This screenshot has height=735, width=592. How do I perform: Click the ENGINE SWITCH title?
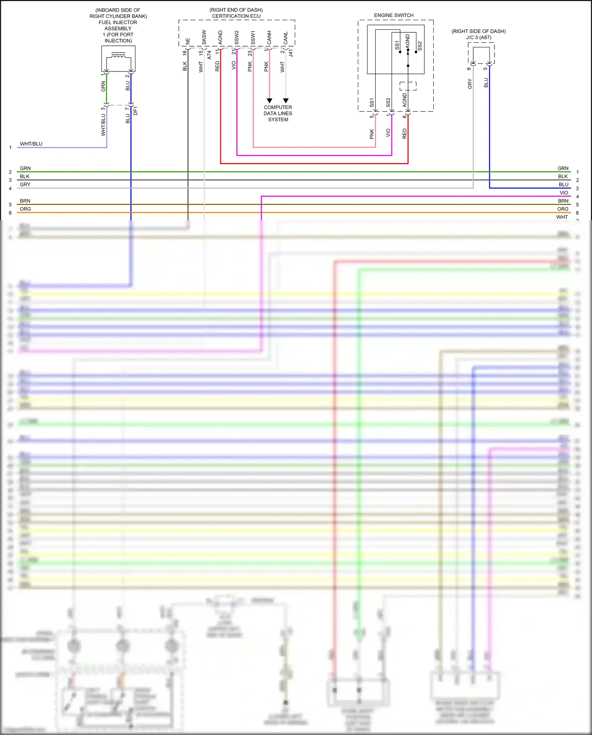[x=393, y=15]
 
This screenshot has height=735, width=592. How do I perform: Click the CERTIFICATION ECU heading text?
[x=236, y=16]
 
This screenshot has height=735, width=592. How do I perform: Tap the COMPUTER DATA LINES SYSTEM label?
[x=278, y=113]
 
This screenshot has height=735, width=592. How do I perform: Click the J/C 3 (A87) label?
[x=479, y=38]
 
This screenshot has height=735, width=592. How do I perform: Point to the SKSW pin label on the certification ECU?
[x=204, y=38]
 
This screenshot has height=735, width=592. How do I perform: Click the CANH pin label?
[x=269, y=38]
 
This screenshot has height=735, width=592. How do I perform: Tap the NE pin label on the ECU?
[x=188, y=41]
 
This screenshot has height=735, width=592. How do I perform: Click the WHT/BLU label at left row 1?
[x=31, y=144]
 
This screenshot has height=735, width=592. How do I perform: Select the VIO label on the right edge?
[x=564, y=193]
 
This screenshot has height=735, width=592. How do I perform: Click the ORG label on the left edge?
[x=25, y=209]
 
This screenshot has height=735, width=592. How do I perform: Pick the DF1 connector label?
[x=136, y=111]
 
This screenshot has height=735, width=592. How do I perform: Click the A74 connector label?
[x=210, y=55]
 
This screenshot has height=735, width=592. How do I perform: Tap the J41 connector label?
[x=291, y=53]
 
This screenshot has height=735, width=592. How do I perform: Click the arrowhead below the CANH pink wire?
[x=270, y=101]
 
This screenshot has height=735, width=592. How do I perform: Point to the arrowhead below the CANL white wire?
[x=286, y=101]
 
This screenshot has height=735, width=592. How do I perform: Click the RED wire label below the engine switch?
[x=405, y=133]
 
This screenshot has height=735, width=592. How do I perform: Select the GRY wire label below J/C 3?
[x=470, y=84]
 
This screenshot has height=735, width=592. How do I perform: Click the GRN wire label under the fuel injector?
[x=103, y=86]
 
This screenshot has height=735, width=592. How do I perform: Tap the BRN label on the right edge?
[x=563, y=201]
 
